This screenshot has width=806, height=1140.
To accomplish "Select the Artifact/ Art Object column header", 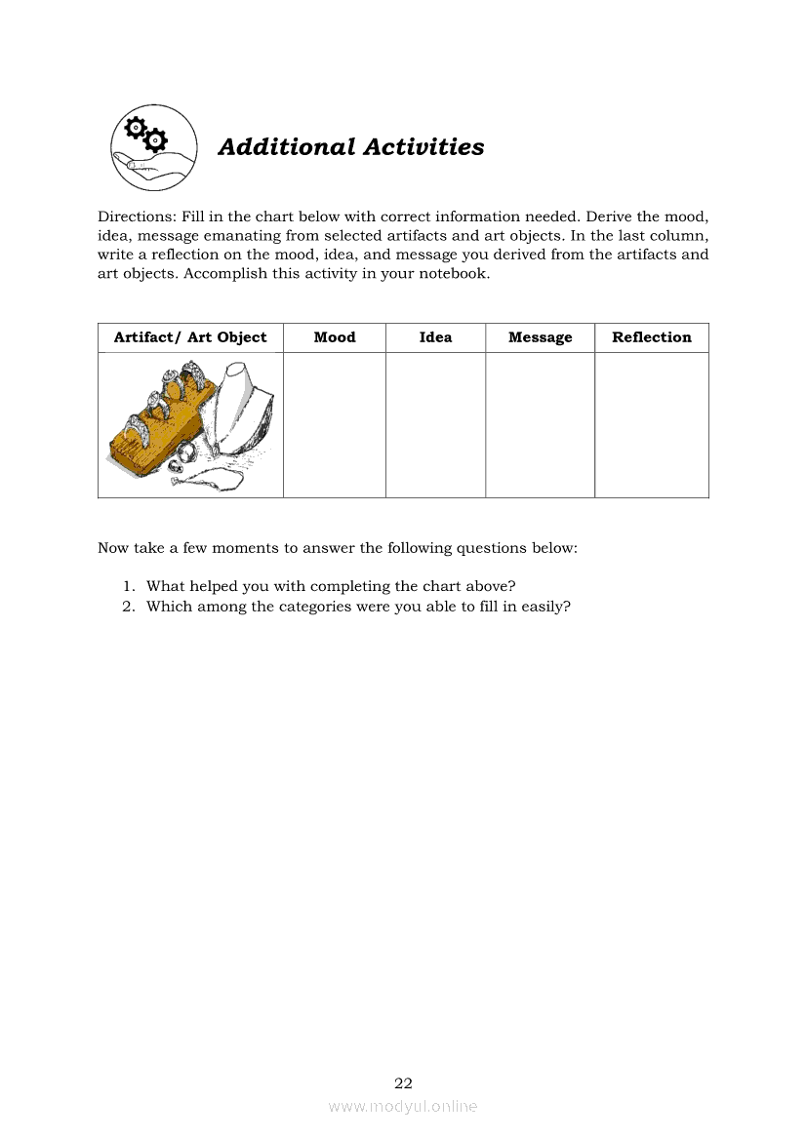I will click(x=190, y=337).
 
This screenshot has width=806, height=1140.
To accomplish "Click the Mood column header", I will click(x=335, y=337).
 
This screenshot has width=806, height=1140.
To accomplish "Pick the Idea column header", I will click(x=435, y=337).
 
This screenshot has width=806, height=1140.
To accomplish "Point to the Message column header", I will click(x=540, y=337).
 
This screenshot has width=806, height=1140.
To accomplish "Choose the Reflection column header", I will click(x=651, y=337).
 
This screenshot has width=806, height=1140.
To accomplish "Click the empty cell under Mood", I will click(x=335, y=425).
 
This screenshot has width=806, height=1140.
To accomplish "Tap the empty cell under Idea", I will click(x=435, y=425).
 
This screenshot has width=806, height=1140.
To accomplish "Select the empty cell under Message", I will click(x=540, y=425).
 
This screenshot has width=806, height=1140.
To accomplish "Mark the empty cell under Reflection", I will click(x=651, y=425).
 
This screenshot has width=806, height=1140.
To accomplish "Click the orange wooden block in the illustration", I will click(x=146, y=439).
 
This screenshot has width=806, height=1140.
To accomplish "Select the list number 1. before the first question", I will click(x=129, y=586).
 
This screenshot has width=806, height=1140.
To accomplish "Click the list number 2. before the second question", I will click(x=129, y=607).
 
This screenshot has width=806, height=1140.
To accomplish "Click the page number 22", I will click(x=403, y=1082).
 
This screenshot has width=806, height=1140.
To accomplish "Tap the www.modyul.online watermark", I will click(x=403, y=1106).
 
